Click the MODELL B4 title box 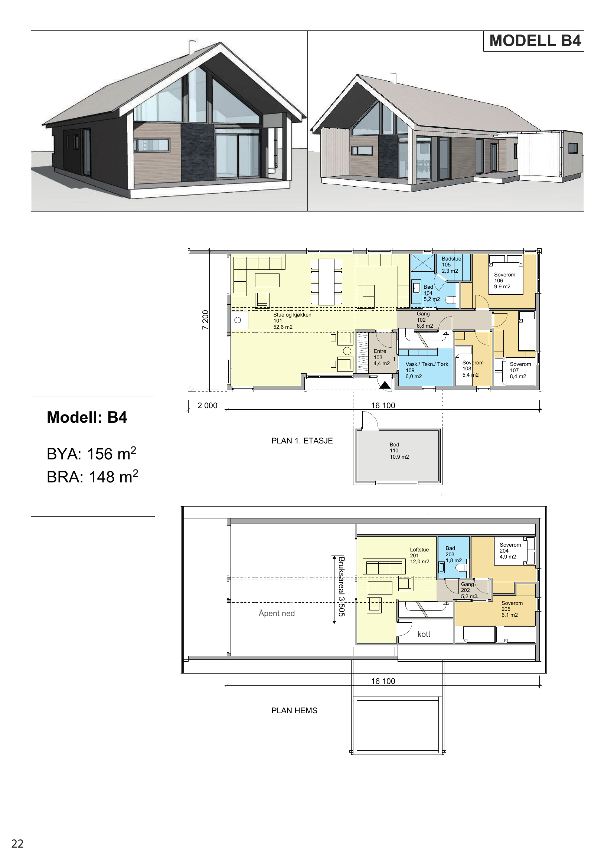coord(533,41)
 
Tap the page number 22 coord(17,844)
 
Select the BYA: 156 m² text coord(91,453)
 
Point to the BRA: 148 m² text coord(92,477)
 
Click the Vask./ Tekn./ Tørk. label coord(428,364)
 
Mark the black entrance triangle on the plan coord(385,385)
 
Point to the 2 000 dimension coord(208,405)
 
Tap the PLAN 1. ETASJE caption coord(302,441)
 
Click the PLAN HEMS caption coord(294,711)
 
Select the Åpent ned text coord(277,613)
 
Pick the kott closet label coord(424,634)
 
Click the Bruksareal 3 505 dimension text coord(342,589)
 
